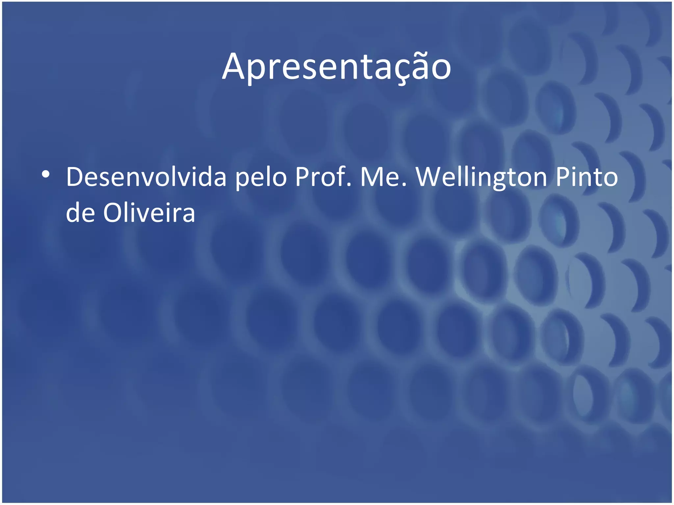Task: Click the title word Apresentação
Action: pos(336,67)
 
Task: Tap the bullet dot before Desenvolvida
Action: pos(46,174)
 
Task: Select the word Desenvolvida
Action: pos(146,177)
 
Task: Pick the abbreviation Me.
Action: pos(383,177)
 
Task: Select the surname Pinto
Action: pos(587,177)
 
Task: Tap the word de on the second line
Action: pos(81,212)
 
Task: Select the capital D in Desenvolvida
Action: pos(75,177)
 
